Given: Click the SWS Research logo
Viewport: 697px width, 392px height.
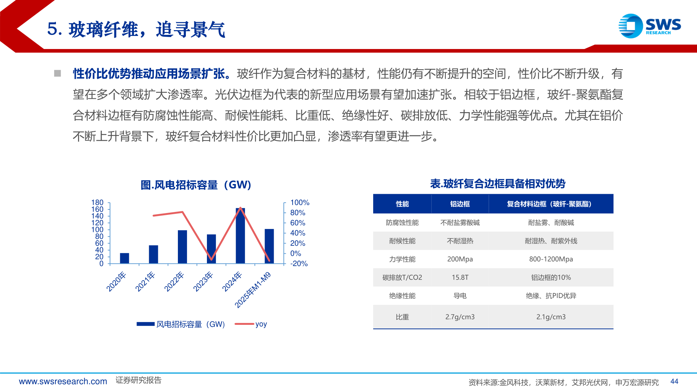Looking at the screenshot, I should click(649, 26).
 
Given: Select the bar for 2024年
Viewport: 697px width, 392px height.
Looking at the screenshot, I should click(240, 236).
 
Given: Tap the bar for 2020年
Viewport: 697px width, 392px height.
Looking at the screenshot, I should click(125, 258).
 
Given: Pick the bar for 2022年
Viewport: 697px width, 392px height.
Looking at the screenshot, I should click(182, 247).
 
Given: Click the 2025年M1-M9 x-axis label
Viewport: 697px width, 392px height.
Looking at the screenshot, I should click(253, 290).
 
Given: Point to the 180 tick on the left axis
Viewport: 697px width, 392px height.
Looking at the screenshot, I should click(97, 203).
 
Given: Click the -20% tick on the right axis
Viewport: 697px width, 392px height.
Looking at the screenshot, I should click(299, 264).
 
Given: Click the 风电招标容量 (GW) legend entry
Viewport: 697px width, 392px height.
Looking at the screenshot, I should click(181, 324).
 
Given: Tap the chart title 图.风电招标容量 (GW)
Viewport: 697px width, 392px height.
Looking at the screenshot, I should click(196, 185).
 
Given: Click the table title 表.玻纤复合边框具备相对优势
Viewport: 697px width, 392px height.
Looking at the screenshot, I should click(498, 184).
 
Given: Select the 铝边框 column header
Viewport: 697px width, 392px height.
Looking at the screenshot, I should click(460, 204).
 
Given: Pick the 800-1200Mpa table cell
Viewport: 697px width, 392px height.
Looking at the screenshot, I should click(551, 259).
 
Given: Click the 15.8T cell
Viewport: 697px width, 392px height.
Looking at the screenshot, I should click(460, 277).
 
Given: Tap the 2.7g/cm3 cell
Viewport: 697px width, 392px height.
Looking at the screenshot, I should click(460, 317).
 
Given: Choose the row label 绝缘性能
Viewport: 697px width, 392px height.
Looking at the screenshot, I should click(402, 296).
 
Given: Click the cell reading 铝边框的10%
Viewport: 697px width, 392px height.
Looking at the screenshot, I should click(551, 277).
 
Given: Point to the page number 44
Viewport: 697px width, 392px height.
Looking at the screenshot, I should click(674, 381).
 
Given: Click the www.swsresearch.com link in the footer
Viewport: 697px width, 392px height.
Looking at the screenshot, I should click(63, 381).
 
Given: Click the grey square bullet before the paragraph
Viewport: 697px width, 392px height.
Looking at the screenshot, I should click(57, 74).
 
